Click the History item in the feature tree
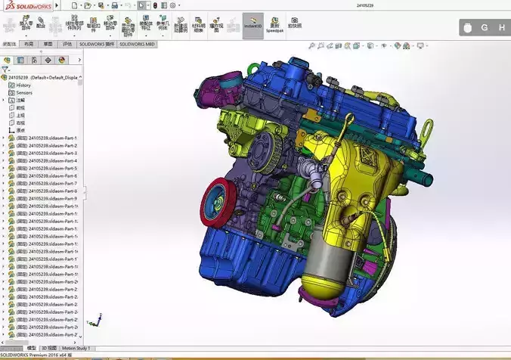23,85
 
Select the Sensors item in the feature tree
24,92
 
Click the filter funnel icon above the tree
5,69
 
